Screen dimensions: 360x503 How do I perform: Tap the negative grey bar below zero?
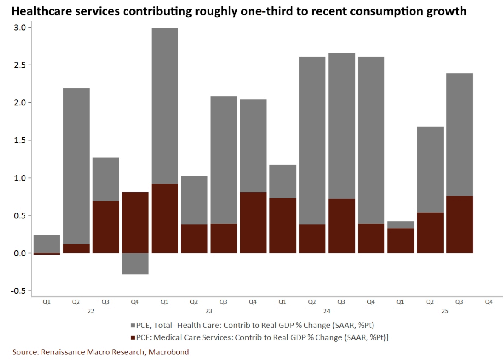tap(135, 264)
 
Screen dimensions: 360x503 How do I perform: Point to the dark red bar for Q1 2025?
tap(401, 241)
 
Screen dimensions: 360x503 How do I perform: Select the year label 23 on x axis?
tap(209, 311)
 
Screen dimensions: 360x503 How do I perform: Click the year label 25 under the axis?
tap(445, 311)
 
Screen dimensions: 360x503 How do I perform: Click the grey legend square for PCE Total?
tap(133, 326)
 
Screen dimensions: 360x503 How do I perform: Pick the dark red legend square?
tap(133, 337)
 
